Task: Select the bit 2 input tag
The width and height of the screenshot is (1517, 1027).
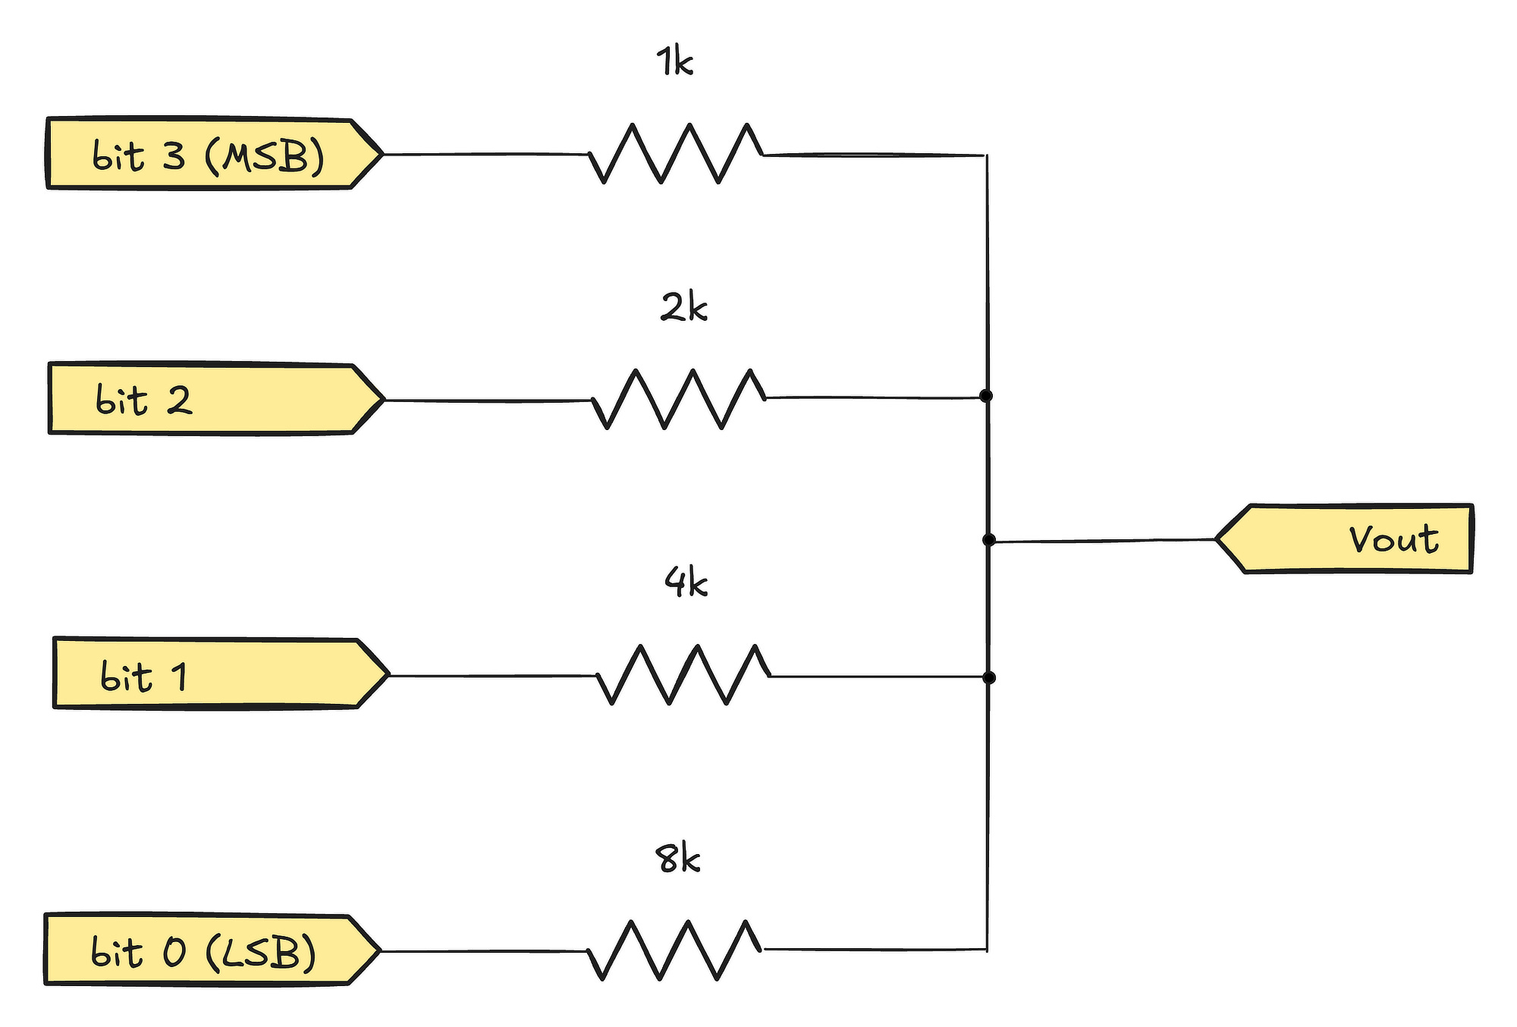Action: tap(217, 398)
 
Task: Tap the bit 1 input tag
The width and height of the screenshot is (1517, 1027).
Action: tap(221, 674)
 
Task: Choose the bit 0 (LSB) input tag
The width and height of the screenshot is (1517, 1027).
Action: tap(212, 950)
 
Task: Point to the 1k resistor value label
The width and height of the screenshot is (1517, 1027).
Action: tap(674, 61)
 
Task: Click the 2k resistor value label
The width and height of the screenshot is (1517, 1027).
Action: tap(683, 307)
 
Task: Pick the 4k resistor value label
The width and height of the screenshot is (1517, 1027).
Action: tap(686, 583)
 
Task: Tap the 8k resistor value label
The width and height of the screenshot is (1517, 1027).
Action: tap(677, 859)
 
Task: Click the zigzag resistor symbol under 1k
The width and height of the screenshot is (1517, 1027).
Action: tap(676, 153)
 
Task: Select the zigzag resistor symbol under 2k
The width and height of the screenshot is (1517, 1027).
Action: tap(679, 399)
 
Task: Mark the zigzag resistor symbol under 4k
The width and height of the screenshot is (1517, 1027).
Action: tap(683, 674)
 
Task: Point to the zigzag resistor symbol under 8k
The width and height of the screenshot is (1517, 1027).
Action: tap(674, 950)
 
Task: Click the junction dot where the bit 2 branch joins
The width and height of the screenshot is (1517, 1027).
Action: tap(986, 396)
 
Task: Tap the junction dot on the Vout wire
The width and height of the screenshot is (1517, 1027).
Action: tap(988, 540)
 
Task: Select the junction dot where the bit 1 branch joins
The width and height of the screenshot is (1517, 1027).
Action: tap(988, 677)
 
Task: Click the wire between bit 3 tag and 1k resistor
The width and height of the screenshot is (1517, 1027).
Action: tap(485, 154)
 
